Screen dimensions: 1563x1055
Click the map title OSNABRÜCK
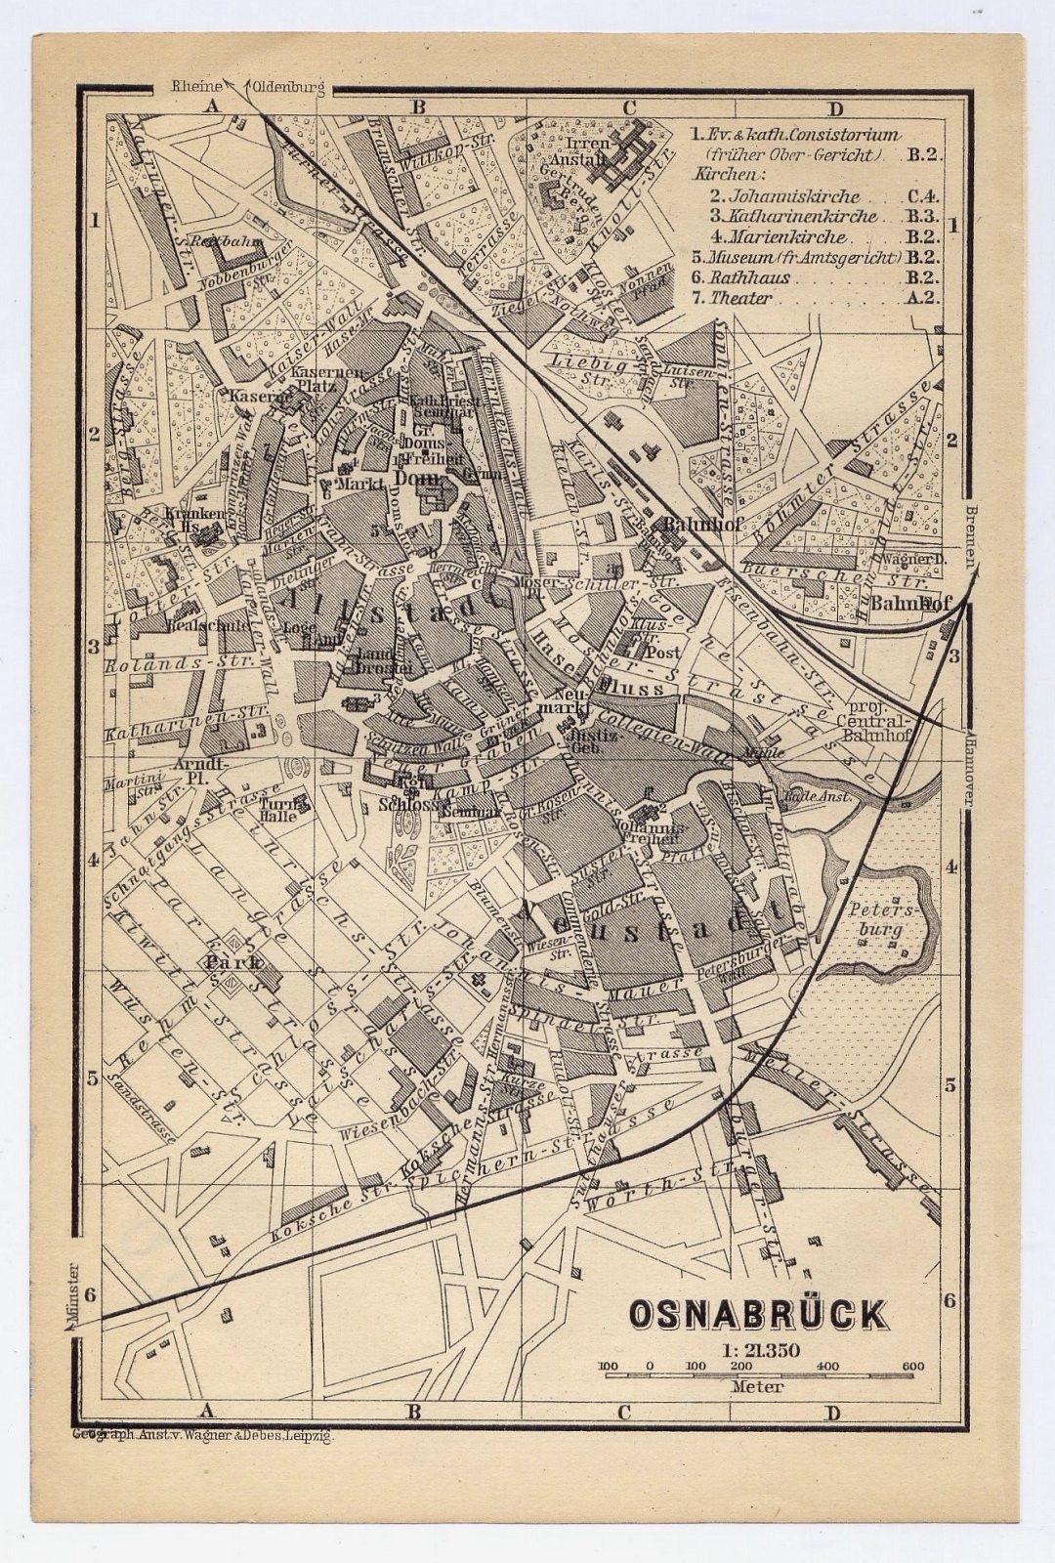point(757,1314)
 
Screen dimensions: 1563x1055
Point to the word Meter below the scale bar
point(756,1386)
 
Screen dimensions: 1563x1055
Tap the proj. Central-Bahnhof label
point(879,717)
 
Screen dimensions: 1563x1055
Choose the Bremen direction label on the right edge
point(969,535)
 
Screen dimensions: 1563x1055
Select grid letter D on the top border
point(832,108)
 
